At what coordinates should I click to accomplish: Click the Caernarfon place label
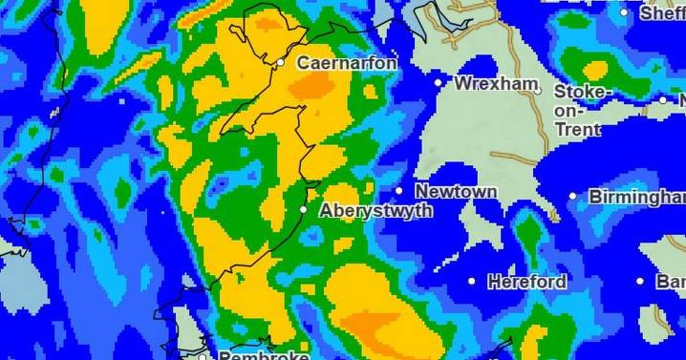(347, 63)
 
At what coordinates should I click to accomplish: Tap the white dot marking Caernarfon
(281, 63)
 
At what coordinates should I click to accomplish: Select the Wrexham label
(496, 84)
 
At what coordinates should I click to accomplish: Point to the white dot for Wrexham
(439, 83)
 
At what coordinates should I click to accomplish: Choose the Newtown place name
(456, 192)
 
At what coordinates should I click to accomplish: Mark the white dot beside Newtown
(399, 191)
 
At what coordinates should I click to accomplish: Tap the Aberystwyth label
(375, 211)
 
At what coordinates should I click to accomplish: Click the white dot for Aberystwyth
(304, 209)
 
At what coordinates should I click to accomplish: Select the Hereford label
(526, 282)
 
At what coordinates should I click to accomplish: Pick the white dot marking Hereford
(471, 281)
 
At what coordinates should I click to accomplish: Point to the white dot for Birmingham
(573, 197)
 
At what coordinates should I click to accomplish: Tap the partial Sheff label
(662, 14)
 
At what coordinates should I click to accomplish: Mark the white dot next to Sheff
(625, 13)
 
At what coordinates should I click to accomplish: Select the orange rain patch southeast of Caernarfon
(312, 87)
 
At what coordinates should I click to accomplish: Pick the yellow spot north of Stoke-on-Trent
(596, 70)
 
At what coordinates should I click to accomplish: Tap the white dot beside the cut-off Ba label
(641, 282)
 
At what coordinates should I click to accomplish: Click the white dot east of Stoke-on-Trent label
(663, 99)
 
